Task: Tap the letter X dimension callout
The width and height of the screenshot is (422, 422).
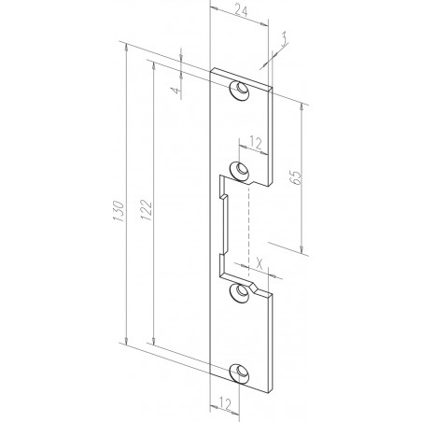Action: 259,261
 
